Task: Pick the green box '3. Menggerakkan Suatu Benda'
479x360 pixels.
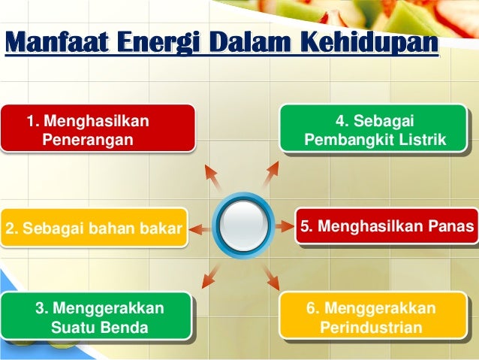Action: (x=100, y=318)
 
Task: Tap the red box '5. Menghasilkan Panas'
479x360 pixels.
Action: (x=387, y=226)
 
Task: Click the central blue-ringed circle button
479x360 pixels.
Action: (x=243, y=225)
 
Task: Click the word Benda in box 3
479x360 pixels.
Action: (x=124, y=328)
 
